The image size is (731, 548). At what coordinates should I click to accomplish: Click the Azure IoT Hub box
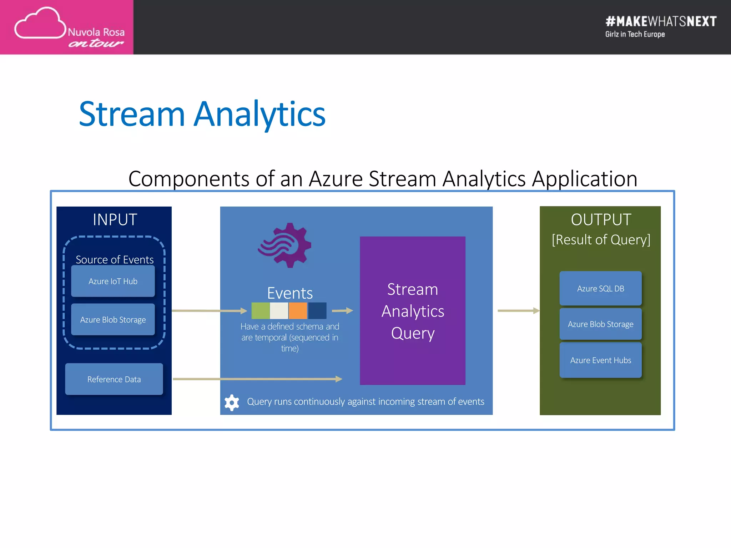[x=113, y=281]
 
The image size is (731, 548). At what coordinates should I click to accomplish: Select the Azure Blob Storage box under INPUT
[x=113, y=319]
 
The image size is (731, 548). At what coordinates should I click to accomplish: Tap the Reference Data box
[x=114, y=379]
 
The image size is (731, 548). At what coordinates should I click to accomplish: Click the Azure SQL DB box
[x=600, y=288]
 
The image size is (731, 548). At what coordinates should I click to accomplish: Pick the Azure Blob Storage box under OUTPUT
[x=600, y=324]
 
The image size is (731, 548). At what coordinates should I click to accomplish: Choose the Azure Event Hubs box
[x=600, y=360]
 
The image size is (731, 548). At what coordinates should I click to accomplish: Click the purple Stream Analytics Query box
[x=412, y=310]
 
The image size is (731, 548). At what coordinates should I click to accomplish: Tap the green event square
[x=260, y=311]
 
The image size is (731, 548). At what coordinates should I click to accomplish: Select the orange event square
[x=298, y=311]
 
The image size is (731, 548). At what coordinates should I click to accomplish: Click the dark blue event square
[x=317, y=311]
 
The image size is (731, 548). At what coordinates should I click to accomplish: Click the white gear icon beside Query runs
[x=232, y=402]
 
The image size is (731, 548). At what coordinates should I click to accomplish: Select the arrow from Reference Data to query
[x=257, y=379]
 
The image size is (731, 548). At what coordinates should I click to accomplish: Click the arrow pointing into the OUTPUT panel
[x=518, y=311]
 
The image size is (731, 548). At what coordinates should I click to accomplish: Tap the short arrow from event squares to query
[x=342, y=311]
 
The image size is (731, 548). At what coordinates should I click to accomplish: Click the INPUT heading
[x=115, y=219]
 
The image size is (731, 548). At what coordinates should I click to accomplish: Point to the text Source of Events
[x=115, y=259]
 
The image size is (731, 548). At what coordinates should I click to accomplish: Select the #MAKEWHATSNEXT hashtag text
[x=661, y=21]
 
